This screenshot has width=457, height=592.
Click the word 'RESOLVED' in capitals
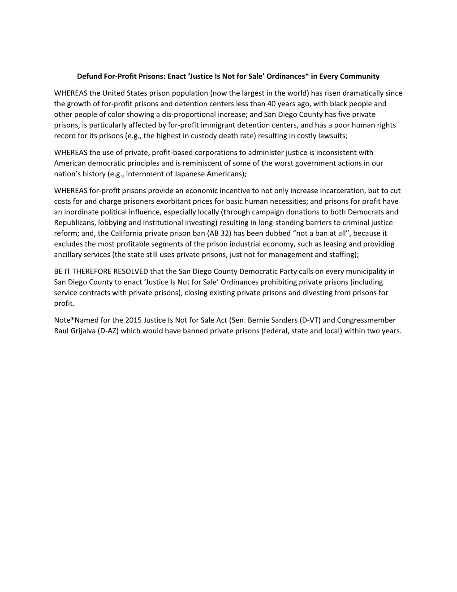pyautogui.click(x=131, y=271)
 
